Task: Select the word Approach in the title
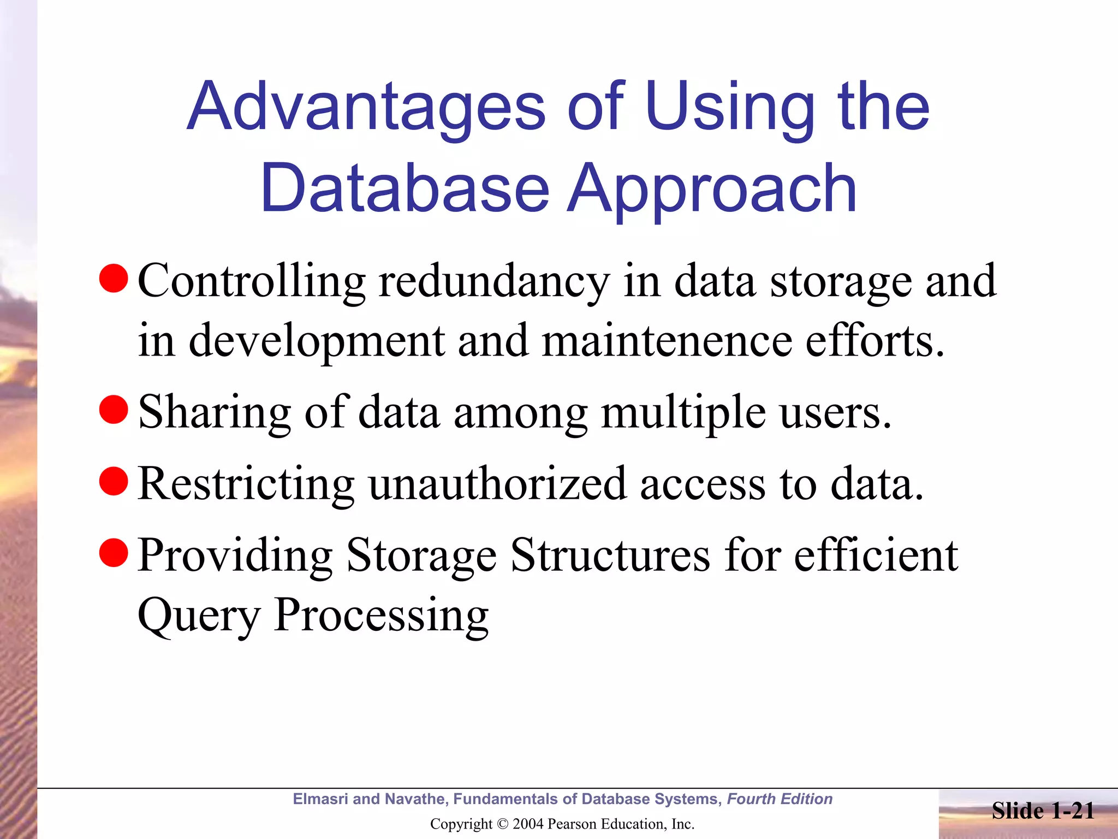click(x=712, y=188)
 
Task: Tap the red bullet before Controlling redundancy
click(x=114, y=279)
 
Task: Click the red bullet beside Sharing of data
click(x=114, y=410)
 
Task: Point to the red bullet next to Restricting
click(x=114, y=481)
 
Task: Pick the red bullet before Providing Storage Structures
click(x=114, y=553)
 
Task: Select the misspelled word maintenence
click(x=667, y=341)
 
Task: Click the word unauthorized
click(x=497, y=484)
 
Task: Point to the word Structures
click(x=610, y=556)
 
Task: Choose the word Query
click(x=199, y=616)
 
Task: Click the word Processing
click(x=381, y=616)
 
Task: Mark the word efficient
click(x=876, y=556)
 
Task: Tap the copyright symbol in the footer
click(x=503, y=824)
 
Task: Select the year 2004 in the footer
click(x=528, y=824)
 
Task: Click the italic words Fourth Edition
click(x=780, y=799)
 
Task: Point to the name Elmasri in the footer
click(x=320, y=799)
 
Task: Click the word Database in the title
click(x=405, y=188)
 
